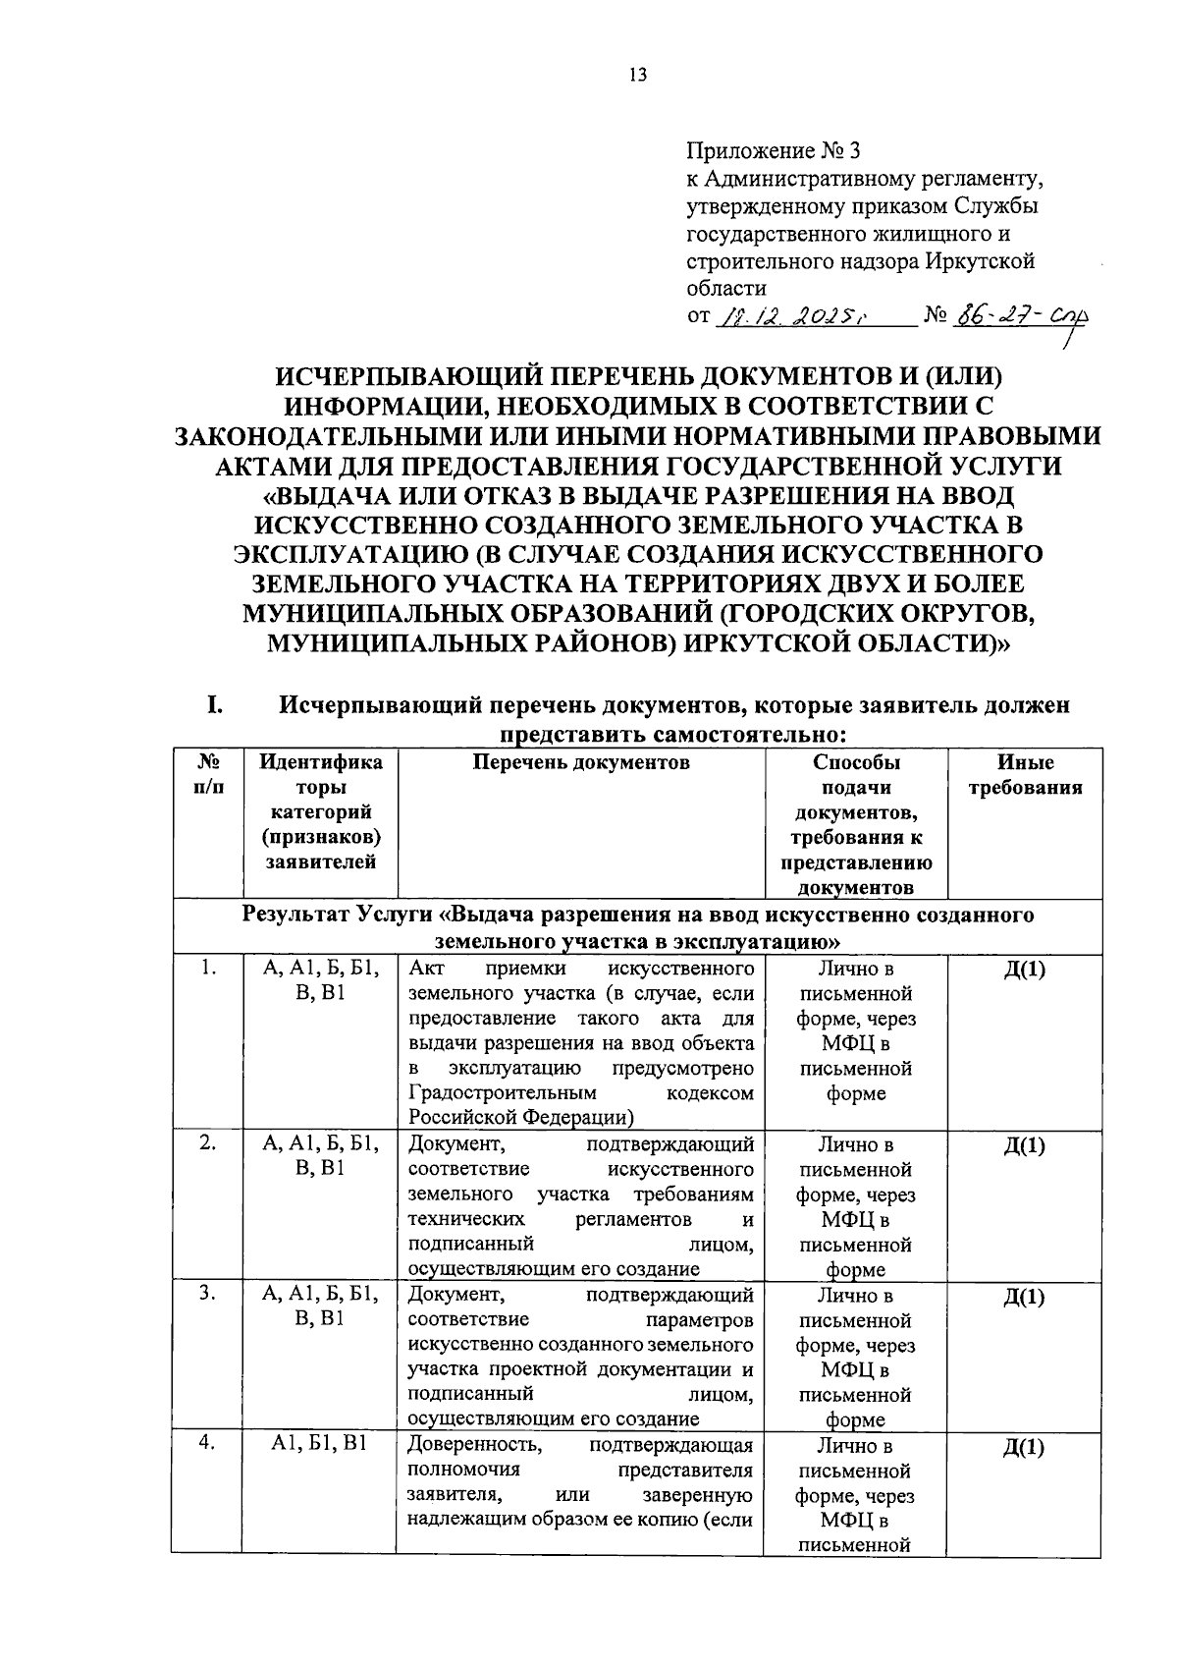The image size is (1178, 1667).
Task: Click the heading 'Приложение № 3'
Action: (772, 151)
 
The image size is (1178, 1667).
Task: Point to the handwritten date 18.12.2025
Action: (789, 316)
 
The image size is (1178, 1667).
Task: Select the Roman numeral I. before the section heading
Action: (216, 705)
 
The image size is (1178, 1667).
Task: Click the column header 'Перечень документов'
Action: (581, 763)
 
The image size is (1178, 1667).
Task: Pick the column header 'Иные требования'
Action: (1025, 775)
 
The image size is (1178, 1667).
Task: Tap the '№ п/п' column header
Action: (206, 775)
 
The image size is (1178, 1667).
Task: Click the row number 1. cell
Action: (206, 969)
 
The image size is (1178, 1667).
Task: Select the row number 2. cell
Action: (206, 1143)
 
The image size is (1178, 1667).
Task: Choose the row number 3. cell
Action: (206, 1294)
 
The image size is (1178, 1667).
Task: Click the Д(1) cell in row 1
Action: (1024, 970)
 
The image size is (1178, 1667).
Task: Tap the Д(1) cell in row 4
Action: (1024, 1448)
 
